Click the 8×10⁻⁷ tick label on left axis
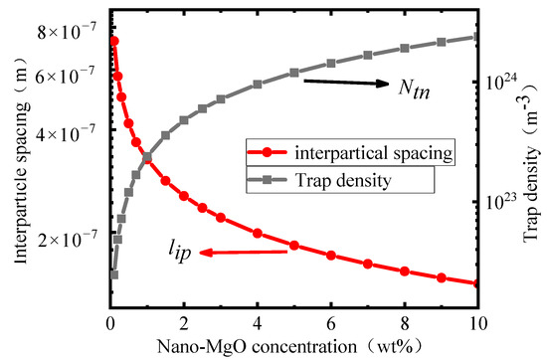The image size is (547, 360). pos(70,33)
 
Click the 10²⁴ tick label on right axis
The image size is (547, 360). pos(501,82)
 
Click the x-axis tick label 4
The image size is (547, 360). pos(258,323)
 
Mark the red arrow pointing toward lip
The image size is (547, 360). pos(244,253)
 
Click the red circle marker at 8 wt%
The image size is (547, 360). pos(404,270)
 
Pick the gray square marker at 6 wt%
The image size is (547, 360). pos(331,64)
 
